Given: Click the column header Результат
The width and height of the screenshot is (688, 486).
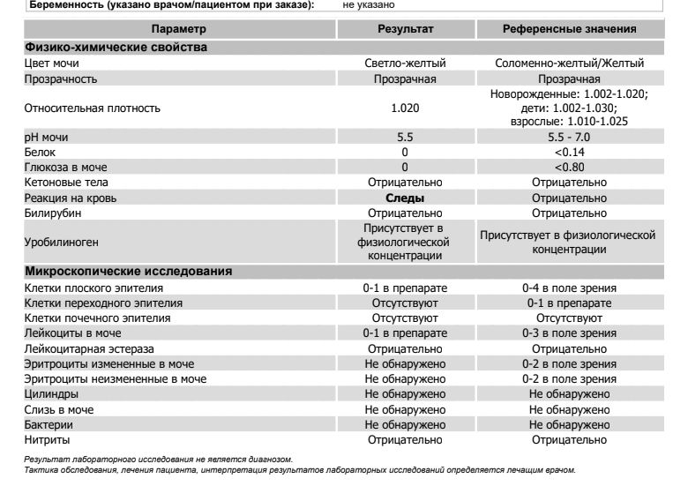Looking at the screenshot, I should [405, 29].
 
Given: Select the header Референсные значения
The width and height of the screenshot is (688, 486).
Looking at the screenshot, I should [569, 29].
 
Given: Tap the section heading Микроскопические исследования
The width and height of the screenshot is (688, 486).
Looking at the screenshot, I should [128, 271].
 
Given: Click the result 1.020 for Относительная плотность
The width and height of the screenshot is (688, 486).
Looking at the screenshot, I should [405, 108].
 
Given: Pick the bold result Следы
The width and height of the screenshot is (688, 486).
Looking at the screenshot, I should [405, 198].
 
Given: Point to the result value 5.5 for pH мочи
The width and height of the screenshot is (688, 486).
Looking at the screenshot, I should [405, 138].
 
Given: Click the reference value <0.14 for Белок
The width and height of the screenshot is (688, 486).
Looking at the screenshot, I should [569, 153].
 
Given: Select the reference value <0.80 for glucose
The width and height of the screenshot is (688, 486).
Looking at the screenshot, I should [569, 168].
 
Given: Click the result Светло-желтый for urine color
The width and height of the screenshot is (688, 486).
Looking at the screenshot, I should [405, 64].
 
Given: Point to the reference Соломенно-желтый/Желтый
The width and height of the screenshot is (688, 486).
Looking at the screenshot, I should [569, 64].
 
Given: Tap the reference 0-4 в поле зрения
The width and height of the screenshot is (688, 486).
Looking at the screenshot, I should [569, 288].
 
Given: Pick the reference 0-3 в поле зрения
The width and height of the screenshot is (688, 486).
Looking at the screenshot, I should [569, 333].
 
